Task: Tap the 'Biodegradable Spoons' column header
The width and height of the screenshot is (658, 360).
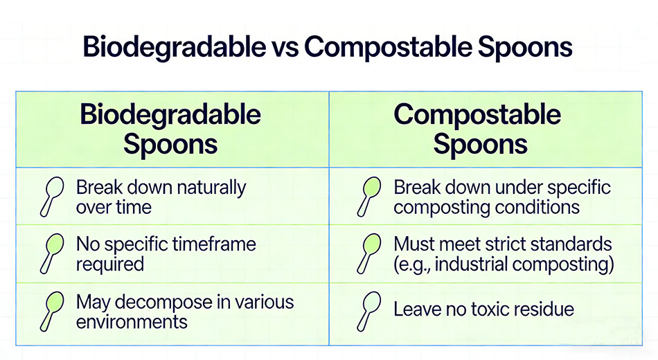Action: click(170, 129)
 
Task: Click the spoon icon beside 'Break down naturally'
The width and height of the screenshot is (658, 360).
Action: click(53, 195)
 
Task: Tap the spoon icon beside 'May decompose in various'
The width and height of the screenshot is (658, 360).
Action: click(53, 310)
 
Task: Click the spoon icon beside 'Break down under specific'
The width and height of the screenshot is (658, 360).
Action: click(370, 195)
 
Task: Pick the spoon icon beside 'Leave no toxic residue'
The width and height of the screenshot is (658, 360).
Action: click(370, 310)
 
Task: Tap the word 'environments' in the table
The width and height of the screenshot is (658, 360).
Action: click(132, 322)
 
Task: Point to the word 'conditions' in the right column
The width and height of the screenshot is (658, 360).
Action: click(540, 207)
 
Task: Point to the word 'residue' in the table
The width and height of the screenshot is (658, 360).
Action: click(542, 309)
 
